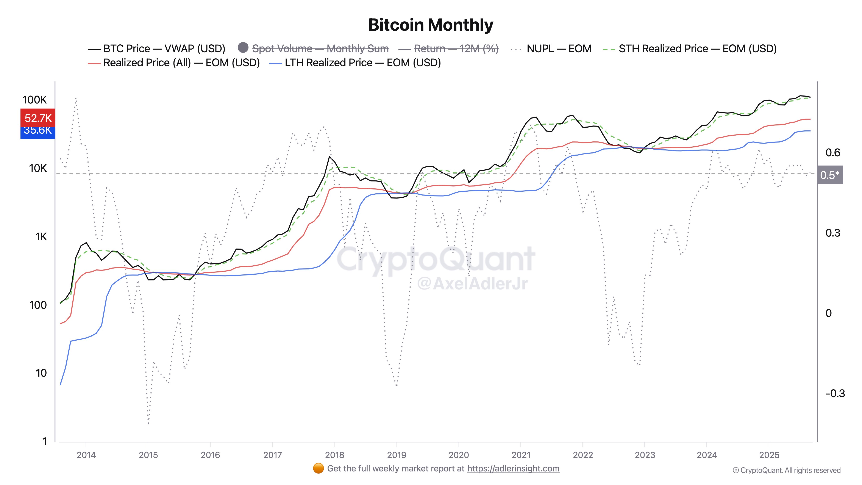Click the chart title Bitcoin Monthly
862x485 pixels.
coord(431,25)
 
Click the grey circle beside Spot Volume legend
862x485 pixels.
coord(243,48)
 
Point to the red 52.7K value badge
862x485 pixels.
coord(38,118)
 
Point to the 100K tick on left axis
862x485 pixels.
coord(34,100)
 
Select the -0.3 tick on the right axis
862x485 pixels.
coord(835,393)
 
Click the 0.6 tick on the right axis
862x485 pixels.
coord(832,153)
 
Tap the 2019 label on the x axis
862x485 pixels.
coord(396,455)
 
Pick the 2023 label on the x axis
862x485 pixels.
coord(645,455)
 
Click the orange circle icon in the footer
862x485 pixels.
coord(318,468)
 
